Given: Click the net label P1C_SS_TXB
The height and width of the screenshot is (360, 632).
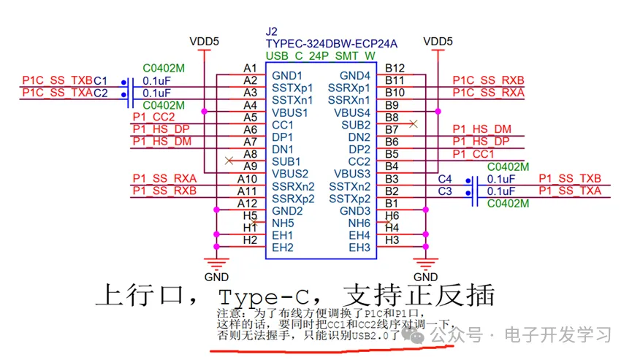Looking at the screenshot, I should [58, 80].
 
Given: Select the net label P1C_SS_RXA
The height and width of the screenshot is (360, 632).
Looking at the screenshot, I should [488, 93].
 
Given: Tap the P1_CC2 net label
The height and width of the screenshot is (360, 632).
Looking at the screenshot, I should [153, 117].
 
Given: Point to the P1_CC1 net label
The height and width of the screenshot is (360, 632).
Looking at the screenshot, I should [473, 154].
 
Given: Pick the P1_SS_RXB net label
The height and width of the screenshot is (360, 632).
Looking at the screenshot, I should [164, 191].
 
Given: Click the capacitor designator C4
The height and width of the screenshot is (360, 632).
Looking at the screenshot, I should [445, 179].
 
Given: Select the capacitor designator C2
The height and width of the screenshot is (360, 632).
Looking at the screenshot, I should [100, 93].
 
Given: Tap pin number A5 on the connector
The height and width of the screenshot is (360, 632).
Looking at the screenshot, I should [251, 117].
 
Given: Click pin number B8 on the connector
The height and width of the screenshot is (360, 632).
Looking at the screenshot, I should [392, 117].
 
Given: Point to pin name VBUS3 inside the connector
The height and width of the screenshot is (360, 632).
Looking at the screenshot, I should [351, 174].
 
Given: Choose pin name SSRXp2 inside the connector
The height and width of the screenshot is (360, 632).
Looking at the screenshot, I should [293, 199].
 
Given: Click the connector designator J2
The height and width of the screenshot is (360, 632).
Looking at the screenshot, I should [273, 31].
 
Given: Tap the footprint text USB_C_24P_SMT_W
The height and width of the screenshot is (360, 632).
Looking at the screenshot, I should [321, 55].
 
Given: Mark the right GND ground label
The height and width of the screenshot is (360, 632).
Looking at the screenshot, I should [425, 277].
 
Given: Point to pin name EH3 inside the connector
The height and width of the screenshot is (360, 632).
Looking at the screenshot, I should [359, 248].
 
